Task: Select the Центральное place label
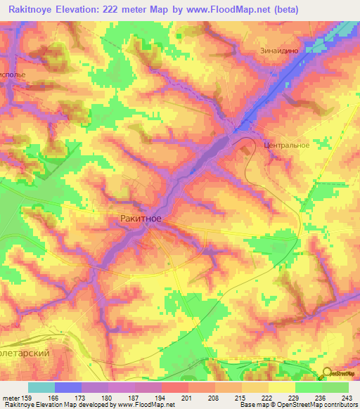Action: coord(286,145)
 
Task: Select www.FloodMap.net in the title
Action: coord(236,10)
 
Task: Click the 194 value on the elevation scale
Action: coord(161,398)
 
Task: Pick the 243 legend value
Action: coord(347,398)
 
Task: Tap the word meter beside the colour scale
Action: coord(11,398)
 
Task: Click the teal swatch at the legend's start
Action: coord(41,387)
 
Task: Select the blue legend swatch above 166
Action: coord(68,387)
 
